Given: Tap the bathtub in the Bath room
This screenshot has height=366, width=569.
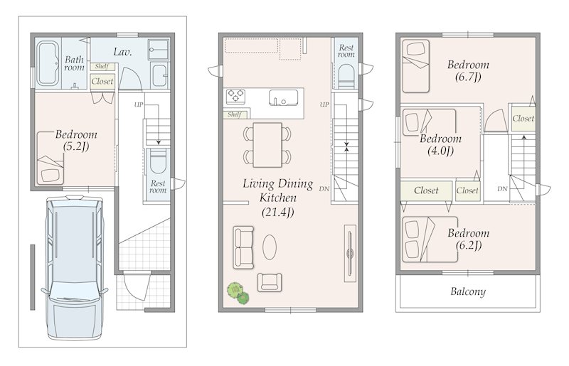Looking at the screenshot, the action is click(x=48, y=64).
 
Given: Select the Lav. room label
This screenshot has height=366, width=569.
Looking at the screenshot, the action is click(x=122, y=52).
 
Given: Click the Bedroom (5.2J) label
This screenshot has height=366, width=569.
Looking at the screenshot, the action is click(x=76, y=141).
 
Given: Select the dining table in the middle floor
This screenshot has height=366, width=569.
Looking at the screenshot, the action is click(x=267, y=145).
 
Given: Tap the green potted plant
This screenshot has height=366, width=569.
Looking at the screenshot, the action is click(x=238, y=293).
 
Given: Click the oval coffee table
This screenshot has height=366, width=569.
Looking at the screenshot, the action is click(x=270, y=247).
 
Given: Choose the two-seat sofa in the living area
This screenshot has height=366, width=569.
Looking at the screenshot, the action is click(x=243, y=247).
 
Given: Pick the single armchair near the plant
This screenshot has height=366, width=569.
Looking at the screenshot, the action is click(x=270, y=282).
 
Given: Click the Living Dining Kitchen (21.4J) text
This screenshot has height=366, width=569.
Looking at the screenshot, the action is click(x=277, y=198).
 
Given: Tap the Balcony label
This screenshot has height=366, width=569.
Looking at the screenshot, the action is click(x=468, y=291).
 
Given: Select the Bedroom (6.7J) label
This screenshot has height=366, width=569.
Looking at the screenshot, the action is click(x=468, y=71).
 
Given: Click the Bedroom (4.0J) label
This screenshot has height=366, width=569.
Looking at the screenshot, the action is click(x=440, y=145).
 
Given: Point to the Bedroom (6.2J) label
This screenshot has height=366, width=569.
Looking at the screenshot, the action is click(x=469, y=239).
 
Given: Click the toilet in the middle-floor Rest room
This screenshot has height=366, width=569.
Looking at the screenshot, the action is click(x=346, y=77).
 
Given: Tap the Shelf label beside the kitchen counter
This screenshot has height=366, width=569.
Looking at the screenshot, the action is click(x=235, y=114).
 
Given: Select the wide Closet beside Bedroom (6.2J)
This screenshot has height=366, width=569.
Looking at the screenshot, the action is click(x=426, y=190).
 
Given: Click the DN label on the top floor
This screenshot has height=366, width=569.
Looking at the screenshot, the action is click(x=503, y=188).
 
